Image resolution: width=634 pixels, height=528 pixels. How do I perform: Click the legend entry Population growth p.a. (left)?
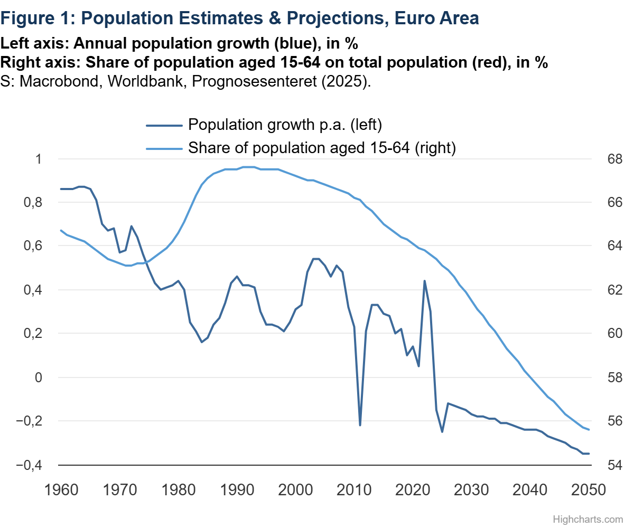pyautogui.click(x=285, y=125)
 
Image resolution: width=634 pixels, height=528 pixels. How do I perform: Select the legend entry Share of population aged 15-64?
pyautogui.click(x=321, y=148)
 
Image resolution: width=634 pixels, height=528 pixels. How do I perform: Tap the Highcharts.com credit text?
pyautogui.click(x=595, y=520)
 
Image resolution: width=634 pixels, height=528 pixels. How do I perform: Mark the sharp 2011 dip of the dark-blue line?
pyautogui.click(x=360, y=425)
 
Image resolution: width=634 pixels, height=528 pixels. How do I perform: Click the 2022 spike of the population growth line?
pyautogui.click(x=424, y=281)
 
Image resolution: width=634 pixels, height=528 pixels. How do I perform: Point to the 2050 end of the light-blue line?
pyautogui.click(x=589, y=430)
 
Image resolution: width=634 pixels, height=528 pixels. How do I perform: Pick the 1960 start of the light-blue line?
pyautogui.click(x=61, y=230)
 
